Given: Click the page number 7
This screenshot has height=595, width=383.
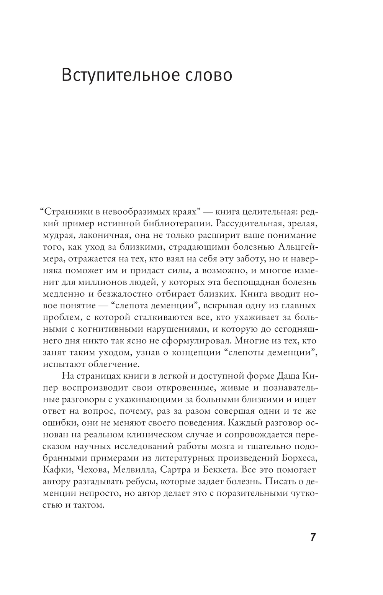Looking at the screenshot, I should coord(313,537).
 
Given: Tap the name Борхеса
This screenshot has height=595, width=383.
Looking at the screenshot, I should coord(298,459).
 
